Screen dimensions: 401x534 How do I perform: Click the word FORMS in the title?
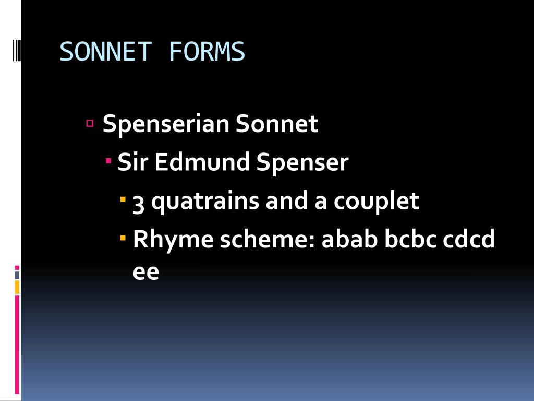click(207, 52)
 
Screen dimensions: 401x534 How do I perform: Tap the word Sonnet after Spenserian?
click(277, 124)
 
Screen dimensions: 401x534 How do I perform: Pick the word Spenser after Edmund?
click(302, 163)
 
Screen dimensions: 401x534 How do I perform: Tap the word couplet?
click(376, 202)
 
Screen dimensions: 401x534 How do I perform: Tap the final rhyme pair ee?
click(145, 273)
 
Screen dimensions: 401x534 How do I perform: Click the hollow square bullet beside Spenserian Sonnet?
click(90, 124)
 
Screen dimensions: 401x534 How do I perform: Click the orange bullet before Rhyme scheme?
click(123, 238)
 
